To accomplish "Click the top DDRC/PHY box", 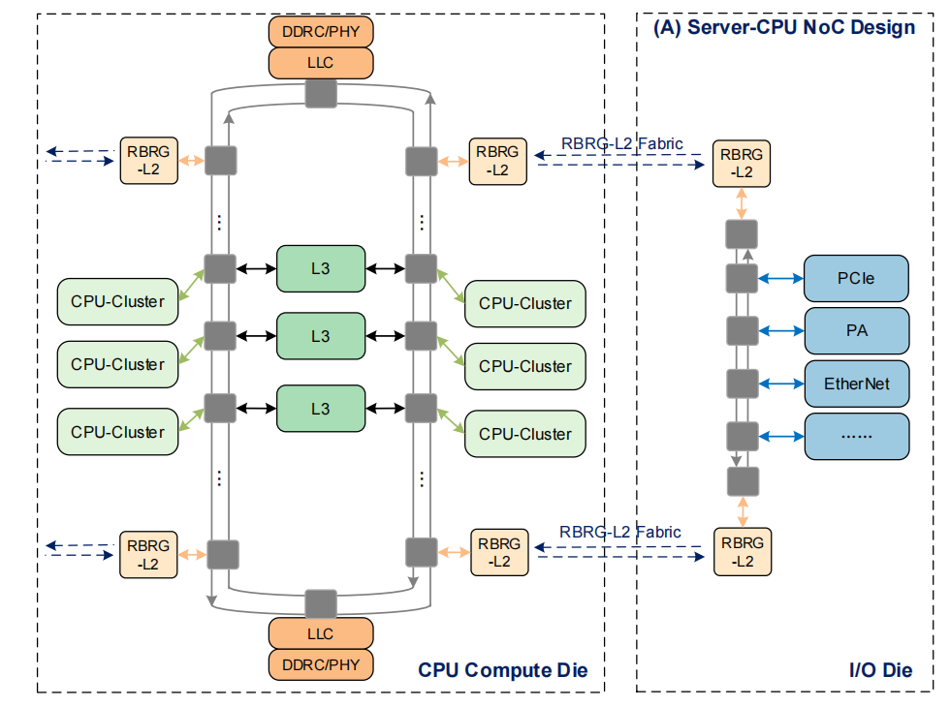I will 320,31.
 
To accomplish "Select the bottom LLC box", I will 320,633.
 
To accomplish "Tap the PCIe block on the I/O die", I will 856,279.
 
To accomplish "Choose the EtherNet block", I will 856,384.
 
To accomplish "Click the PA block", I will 856,330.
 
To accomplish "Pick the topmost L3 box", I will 321,267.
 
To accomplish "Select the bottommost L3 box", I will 321,409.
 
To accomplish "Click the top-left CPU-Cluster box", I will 117,301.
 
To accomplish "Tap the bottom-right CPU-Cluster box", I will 524,434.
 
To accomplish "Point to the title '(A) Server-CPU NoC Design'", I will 784,27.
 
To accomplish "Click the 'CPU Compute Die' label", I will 502,670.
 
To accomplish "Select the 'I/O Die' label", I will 880,670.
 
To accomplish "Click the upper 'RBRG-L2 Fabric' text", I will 621,144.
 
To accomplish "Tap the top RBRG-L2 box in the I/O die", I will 742,163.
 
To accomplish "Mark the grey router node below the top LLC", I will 321,94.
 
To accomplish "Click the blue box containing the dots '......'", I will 856,436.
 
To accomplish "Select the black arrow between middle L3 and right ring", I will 385,336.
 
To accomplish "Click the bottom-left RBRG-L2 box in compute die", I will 148,554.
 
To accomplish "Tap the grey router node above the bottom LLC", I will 321,603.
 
